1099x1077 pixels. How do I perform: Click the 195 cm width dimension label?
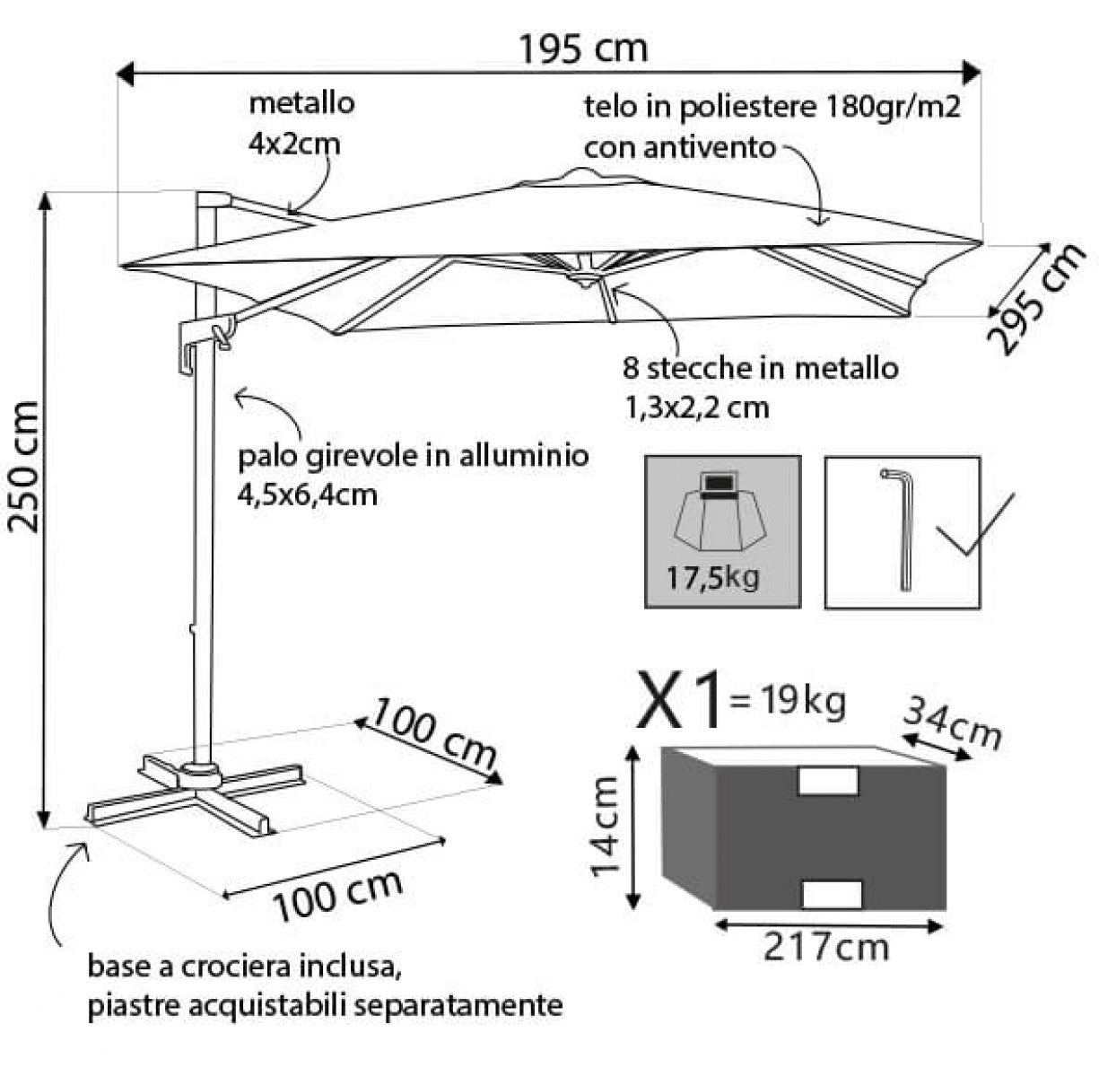[x=583, y=48]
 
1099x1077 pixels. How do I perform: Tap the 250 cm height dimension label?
[x=25, y=466]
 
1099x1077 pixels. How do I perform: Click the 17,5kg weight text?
[x=713, y=576]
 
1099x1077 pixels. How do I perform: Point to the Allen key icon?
[x=900, y=529]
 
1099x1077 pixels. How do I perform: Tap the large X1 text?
[x=680, y=700]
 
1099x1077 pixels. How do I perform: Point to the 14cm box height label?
[x=606, y=827]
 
